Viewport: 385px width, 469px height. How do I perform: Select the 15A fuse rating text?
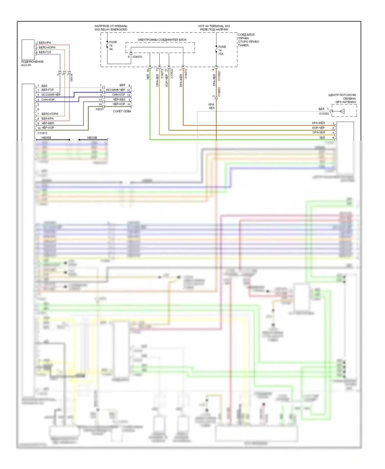[x=221, y=54]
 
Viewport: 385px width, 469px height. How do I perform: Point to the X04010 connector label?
[x=137, y=57]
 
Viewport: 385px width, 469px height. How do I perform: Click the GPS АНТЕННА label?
[x=345, y=102]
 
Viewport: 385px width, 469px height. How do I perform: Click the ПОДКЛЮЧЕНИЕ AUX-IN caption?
[x=32, y=63]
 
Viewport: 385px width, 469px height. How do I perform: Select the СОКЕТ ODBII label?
[x=122, y=111]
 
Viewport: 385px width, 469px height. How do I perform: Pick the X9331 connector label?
[x=99, y=109]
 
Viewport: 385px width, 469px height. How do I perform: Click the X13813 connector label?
[x=42, y=133]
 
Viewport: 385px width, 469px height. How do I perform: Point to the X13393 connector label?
[x=324, y=114]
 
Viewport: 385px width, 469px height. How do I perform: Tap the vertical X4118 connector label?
[x=72, y=78]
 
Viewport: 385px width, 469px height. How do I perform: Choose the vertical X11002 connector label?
[x=219, y=76]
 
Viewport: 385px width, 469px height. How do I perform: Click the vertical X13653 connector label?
[x=219, y=92]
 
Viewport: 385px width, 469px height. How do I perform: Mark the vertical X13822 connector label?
[x=172, y=74]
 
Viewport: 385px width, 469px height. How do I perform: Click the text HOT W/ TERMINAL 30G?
[x=214, y=26]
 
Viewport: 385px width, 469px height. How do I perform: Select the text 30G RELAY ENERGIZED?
[x=111, y=30]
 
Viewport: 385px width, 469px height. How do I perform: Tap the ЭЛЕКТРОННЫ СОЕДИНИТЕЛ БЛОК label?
[x=162, y=40]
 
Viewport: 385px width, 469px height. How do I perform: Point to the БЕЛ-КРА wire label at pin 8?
[x=47, y=119]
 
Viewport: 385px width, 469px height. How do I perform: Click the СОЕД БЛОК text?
[x=246, y=35]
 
